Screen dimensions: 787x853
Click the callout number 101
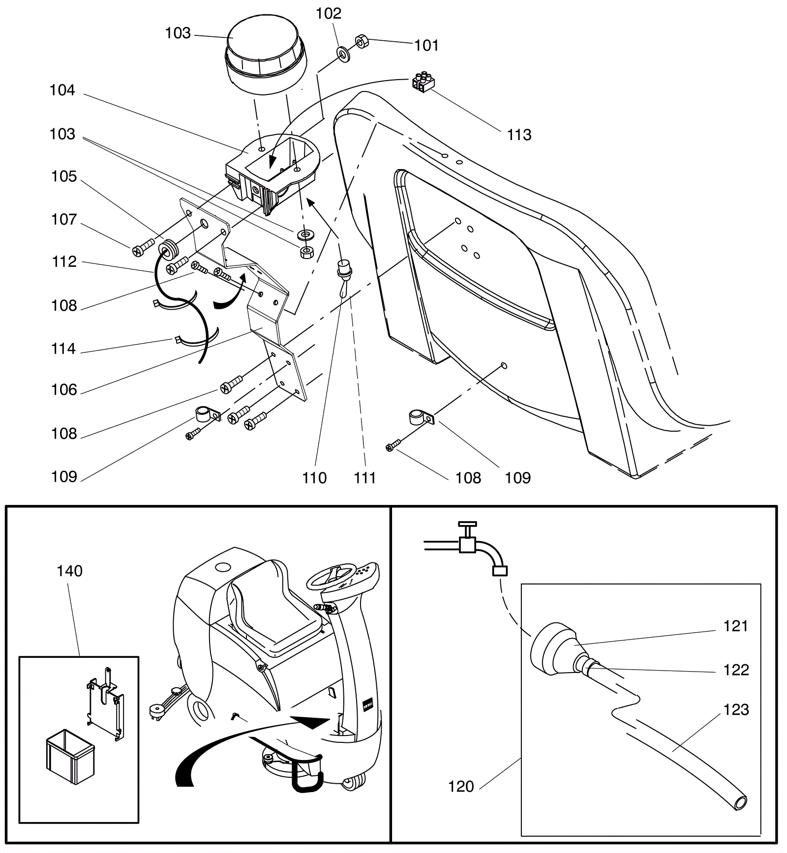(426, 45)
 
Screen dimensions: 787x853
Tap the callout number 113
(519, 135)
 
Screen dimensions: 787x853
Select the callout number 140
(69, 571)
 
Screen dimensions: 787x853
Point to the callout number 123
(736, 709)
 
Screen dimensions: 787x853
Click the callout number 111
(364, 477)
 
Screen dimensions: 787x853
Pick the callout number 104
(62, 90)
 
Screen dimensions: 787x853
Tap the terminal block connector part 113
(423, 83)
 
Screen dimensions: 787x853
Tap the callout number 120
(461, 787)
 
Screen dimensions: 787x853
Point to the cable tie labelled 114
(194, 339)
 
